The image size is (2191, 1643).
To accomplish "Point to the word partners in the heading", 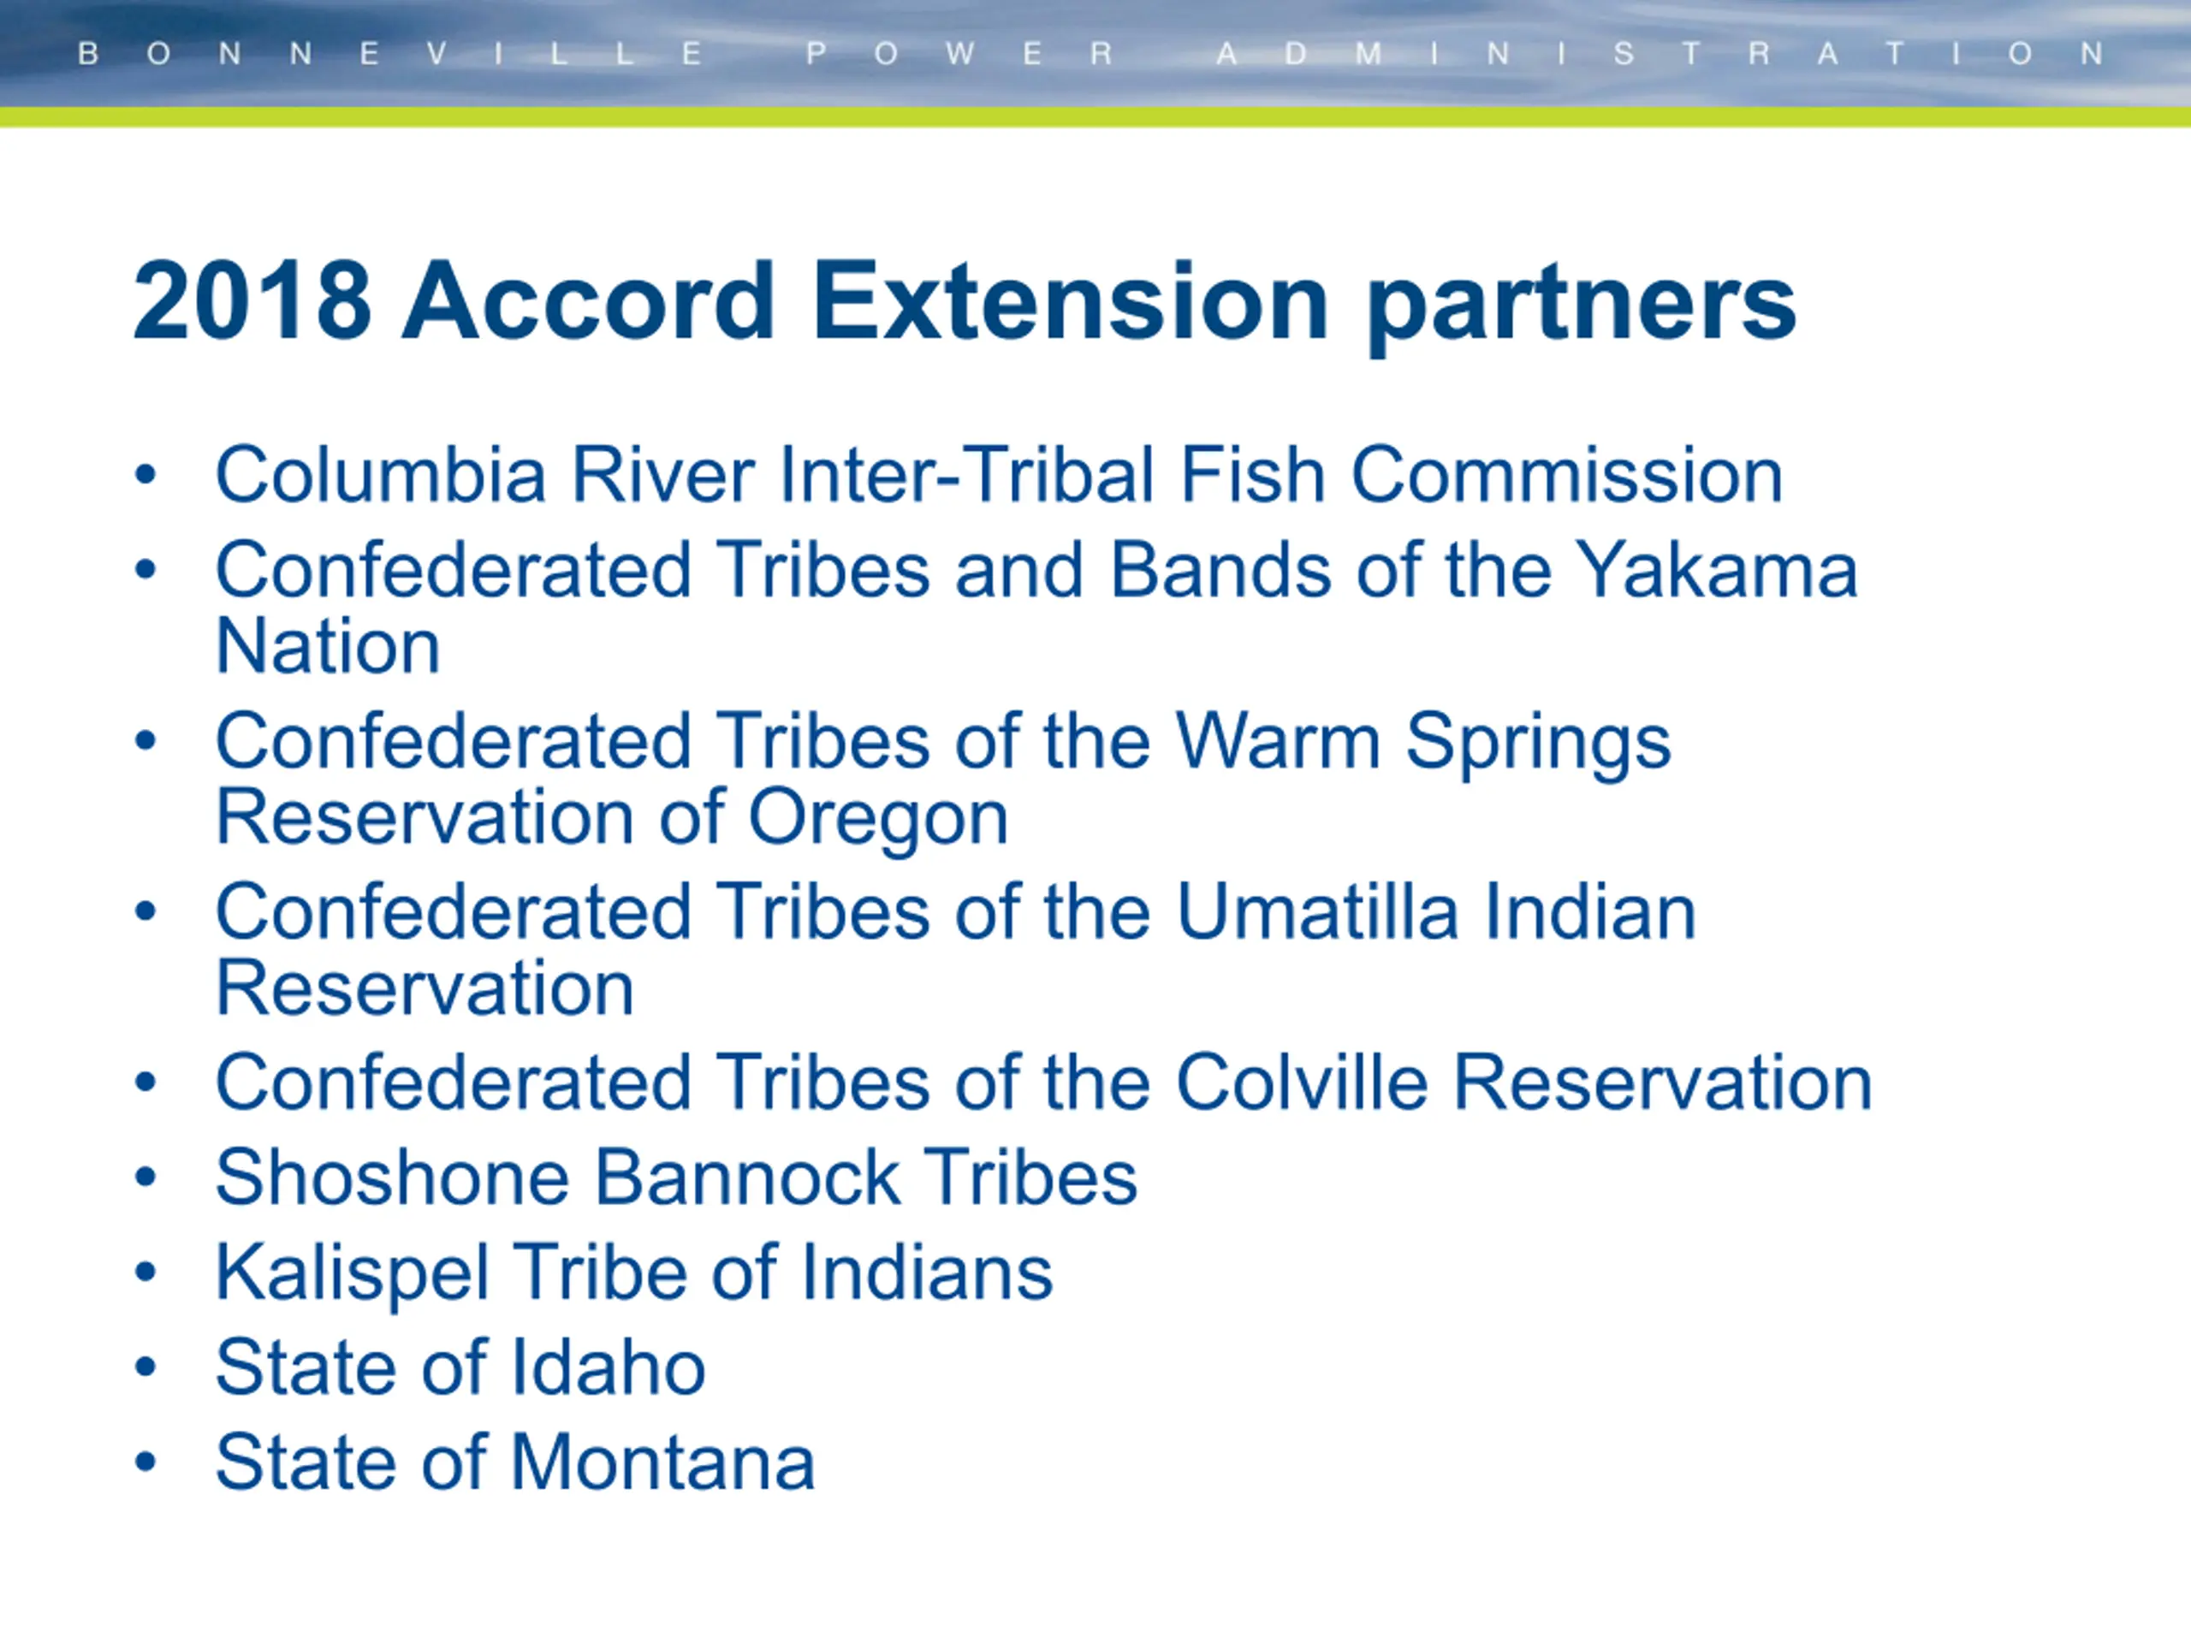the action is pos(1582,307).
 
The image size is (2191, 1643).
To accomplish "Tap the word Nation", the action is pos(328,646).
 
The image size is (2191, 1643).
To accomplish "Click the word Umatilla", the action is pos(1317,911).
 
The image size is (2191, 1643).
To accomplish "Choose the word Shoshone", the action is pos(392,1177).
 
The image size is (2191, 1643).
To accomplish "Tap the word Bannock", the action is pos(748,1177).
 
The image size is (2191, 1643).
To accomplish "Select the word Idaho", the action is pos(607,1367).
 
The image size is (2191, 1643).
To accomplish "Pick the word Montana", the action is pos(662,1462).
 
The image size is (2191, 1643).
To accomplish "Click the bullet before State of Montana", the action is pos(145,1462).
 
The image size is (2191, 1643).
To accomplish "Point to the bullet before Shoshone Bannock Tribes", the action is pos(145,1177).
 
